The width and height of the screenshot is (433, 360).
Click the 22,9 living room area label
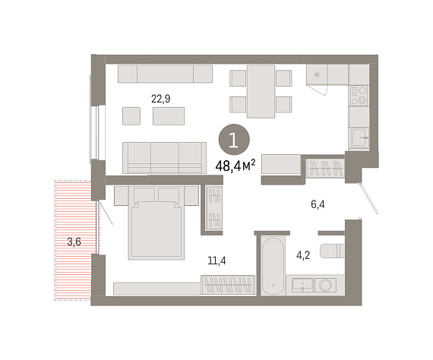point(161,99)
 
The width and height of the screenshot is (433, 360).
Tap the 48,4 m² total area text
point(235,166)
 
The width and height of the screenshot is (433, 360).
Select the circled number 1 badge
point(234,140)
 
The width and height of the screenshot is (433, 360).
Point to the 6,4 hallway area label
point(318,204)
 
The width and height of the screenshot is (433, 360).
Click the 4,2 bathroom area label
point(303,255)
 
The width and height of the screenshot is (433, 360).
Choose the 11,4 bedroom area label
point(216,261)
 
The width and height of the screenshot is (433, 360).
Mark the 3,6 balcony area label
point(74,242)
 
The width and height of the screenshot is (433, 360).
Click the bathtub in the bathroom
point(273,266)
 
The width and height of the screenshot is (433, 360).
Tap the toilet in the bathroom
point(332,251)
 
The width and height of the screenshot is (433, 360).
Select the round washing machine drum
point(325,285)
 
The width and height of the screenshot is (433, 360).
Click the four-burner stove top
point(359,96)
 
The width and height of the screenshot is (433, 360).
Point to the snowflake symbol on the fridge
point(317,74)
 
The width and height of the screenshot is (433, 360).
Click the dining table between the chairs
point(261,91)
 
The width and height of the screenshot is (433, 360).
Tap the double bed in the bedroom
point(156,223)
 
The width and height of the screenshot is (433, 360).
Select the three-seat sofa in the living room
point(164,158)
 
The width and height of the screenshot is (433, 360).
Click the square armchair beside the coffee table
point(131,116)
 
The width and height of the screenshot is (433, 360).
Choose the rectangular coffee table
point(169,116)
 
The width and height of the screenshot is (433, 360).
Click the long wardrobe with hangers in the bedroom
point(228,285)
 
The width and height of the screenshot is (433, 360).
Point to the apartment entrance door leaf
point(369,198)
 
